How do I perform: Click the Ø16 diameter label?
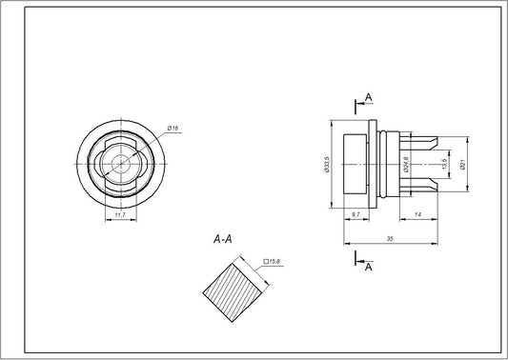[173, 128]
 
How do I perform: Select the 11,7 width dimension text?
[119, 215]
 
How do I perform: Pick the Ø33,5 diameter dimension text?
[327, 163]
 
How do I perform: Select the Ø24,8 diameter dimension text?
[406, 163]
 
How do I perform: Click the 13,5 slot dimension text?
[444, 163]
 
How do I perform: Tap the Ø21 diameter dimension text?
[462, 163]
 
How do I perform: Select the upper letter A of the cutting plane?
[368, 97]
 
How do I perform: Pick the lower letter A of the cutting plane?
[368, 269]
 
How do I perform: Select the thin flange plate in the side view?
[370, 163]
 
